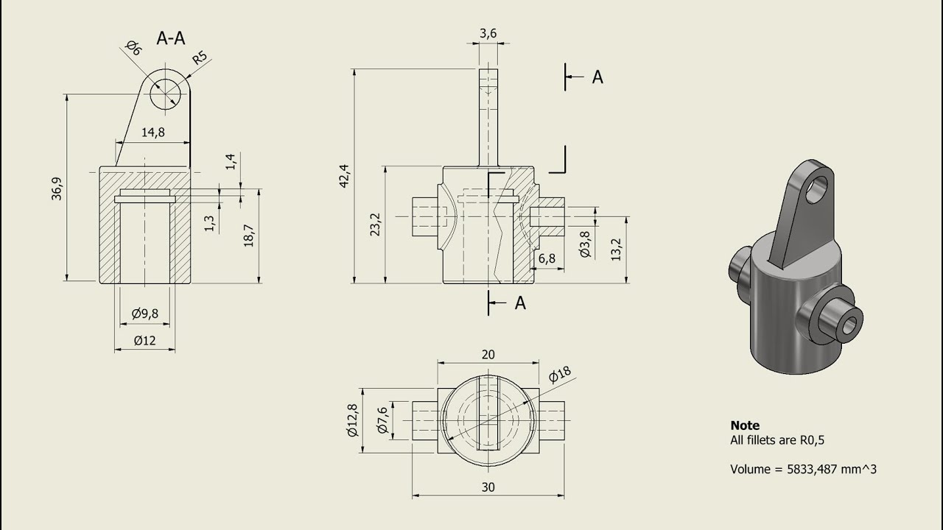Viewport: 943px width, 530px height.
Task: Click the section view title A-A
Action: point(170,38)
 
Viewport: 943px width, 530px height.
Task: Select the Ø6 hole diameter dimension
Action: point(134,48)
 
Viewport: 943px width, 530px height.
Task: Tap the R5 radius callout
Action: point(200,57)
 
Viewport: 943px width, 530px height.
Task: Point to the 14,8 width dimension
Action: point(153,132)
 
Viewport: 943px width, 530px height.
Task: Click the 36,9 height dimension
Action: point(57,188)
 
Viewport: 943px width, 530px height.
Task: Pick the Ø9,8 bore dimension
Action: point(145,314)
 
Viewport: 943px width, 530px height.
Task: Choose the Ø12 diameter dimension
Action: point(145,340)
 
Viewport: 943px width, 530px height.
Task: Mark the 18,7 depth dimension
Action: point(249,235)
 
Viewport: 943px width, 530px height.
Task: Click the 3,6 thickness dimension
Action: point(488,33)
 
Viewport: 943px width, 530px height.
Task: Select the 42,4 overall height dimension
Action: point(344,176)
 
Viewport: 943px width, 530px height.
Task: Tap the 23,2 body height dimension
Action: point(375,225)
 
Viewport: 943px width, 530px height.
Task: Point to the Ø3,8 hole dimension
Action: point(585,244)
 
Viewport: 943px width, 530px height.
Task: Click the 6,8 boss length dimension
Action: point(547,258)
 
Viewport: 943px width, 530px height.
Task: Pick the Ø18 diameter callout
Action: point(560,374)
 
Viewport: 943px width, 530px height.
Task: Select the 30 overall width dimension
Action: point(488,487)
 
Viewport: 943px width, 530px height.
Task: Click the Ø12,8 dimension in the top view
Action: point(352,420)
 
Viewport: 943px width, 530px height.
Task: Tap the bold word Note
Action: point(745,425)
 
